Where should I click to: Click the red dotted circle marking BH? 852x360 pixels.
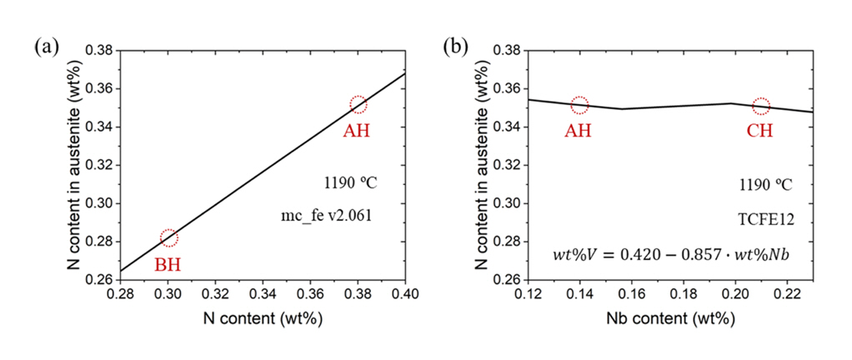168,238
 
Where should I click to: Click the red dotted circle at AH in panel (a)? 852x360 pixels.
358,104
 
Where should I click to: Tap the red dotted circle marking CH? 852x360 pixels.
761,106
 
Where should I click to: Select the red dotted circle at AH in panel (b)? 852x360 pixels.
579,105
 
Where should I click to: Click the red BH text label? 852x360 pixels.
168,265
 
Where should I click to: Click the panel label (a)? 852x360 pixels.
46,47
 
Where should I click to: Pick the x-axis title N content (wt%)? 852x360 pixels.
263,320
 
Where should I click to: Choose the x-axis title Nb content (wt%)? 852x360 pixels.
669,320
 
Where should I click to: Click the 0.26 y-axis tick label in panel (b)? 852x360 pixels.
505,280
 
